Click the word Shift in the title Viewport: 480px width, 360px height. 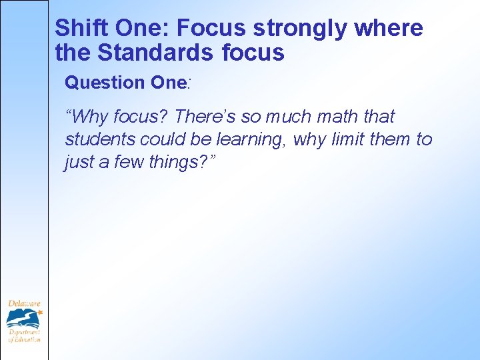(x=74, y=29)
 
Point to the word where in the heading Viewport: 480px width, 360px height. (x=389, y=29)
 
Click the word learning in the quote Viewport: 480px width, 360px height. (x=252, y=139)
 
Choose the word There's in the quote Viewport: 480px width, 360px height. (x=205, y=117)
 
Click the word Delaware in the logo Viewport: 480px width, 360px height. (x=23, y=304)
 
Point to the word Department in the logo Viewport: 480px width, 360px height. (x=24, y=331)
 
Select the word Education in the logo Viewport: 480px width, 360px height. (x=28, y=339)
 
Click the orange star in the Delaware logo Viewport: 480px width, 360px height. (x=39, y=311)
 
